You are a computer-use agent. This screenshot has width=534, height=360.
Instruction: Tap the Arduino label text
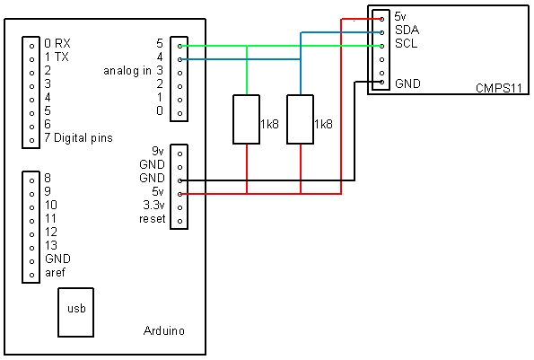[x=163, y=331]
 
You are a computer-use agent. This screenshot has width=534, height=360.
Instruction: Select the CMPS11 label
[x=499, y=89]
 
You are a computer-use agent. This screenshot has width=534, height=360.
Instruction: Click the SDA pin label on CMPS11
[x=407, y=31]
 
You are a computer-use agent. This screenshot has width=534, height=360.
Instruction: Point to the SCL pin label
[x=406, y=44]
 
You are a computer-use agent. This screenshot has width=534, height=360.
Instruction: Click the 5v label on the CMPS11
[x=401, y=17]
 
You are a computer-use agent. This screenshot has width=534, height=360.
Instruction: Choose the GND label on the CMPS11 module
[x=407, y=83]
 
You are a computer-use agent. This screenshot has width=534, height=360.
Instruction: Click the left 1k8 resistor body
[x=246, y=119]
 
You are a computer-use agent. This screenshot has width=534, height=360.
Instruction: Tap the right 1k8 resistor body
[x=300, y=119]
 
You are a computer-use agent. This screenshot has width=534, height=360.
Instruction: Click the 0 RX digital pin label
[x=57, y=43]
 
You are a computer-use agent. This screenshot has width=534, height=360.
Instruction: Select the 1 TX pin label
[x=57, y=57]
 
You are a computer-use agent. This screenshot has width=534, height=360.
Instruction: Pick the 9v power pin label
[x=157, y=151]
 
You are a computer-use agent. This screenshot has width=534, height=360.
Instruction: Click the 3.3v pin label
[x=153, y=206]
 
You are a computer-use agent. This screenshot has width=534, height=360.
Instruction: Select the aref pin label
[x=55, y=273]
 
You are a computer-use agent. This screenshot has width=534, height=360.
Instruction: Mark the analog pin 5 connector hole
[x=180, y=45]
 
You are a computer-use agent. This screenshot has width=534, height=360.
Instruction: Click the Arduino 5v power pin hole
[x=180, y=193]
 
